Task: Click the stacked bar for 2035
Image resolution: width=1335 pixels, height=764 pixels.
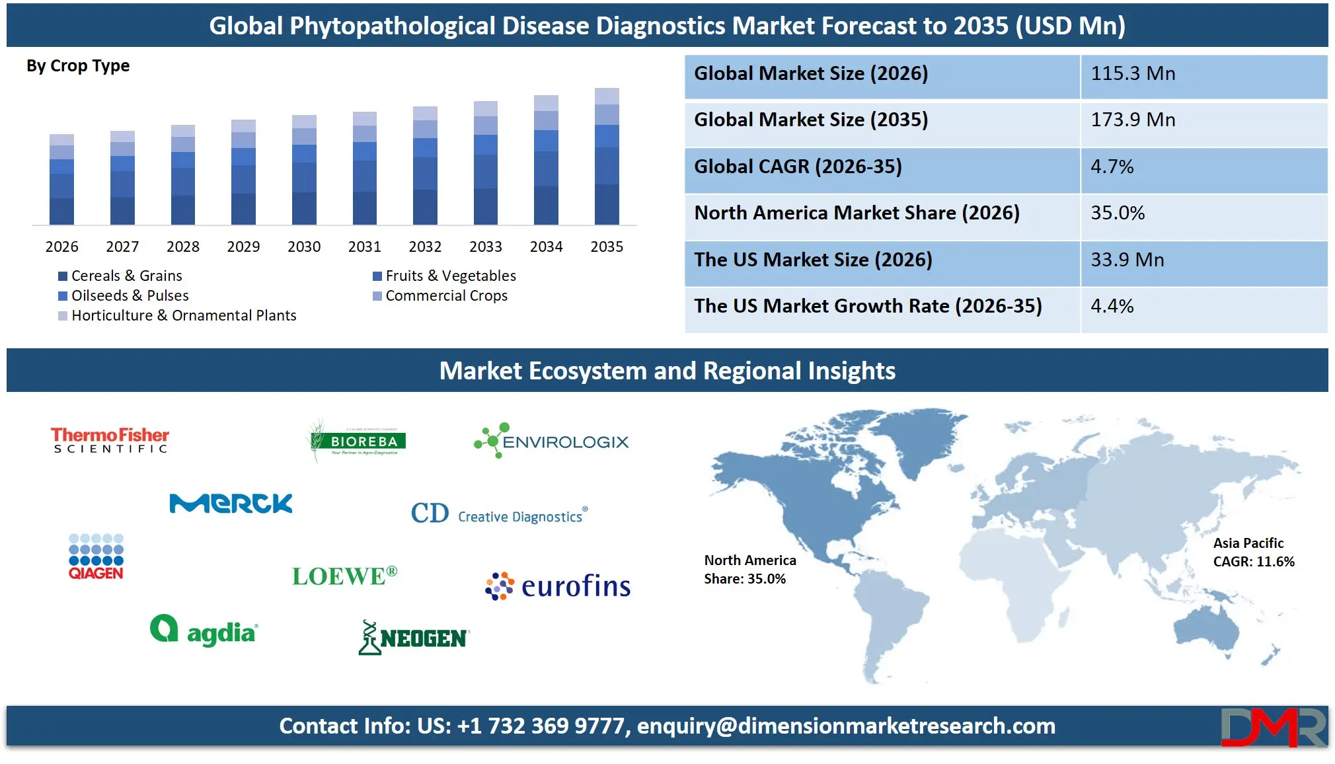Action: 607,157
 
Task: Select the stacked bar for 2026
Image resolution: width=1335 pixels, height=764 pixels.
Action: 61,180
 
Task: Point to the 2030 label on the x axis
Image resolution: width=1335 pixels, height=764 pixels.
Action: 304,247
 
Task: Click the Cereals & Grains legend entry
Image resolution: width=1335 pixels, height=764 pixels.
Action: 120,276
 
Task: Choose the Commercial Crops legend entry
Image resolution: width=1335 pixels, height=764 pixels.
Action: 440,295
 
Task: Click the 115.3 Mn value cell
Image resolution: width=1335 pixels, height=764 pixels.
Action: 1203,73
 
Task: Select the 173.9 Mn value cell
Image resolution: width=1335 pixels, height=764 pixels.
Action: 1203,120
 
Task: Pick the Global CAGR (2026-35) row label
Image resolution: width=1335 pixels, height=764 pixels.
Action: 798,167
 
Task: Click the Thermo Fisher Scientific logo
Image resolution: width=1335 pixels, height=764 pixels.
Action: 110,440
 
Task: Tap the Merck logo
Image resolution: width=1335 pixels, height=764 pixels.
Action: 231,504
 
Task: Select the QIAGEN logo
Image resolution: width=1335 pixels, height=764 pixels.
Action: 96,556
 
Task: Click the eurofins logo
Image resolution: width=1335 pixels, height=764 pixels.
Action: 558,586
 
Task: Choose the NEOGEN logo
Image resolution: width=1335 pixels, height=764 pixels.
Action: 414,637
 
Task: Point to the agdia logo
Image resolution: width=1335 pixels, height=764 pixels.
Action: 204,630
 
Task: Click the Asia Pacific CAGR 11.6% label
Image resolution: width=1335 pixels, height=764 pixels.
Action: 1253,552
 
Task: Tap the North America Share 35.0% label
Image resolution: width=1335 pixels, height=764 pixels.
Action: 749,569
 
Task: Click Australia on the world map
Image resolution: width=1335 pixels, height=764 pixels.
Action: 1207,630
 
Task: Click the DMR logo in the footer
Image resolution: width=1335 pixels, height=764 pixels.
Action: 1273,727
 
